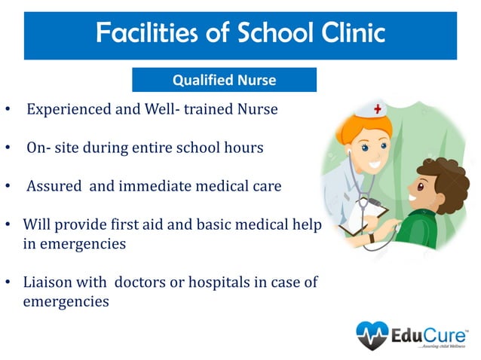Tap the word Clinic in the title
pos(348,32)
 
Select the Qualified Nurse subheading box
pos(224,80)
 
